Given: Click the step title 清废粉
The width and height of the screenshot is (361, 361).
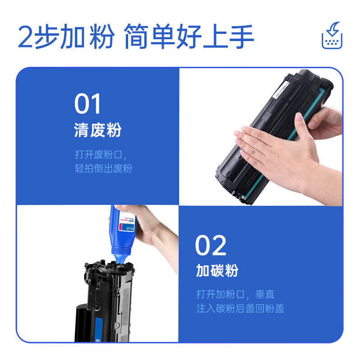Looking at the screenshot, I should tap(98, 131).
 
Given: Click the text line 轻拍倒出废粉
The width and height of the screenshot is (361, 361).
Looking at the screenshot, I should tap(103, 168).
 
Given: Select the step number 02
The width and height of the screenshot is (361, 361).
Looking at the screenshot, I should tap(211, 246).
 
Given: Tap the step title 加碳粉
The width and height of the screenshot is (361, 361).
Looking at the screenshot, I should tap(217, 271).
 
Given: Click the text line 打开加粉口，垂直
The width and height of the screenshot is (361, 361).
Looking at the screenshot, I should tap(235, 294).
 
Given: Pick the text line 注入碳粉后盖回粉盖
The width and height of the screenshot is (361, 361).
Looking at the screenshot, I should tap(240, 309).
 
